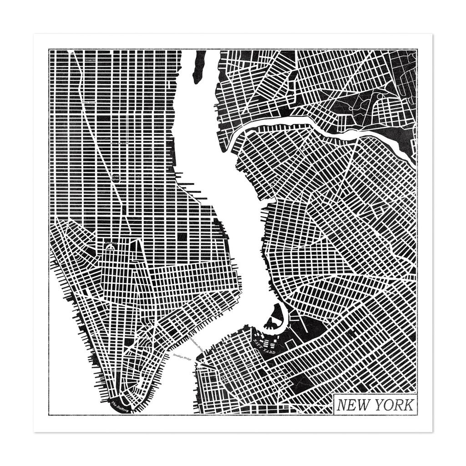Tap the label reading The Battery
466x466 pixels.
coord(120,406)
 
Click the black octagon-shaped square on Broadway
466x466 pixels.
coord(116,177)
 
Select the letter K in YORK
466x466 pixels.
coord(408,405)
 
